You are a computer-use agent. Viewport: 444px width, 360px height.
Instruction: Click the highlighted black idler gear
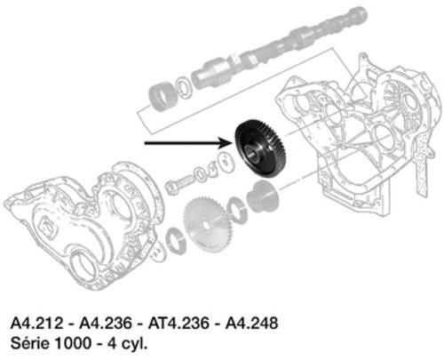tap(260, 148)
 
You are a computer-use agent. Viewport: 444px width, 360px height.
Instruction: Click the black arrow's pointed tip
tap(234, 143)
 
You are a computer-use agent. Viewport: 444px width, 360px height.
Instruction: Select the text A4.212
tap(37, 323)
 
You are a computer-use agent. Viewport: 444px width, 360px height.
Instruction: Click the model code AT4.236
tap(178, 323)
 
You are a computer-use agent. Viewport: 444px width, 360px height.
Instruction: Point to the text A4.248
tap(251, 323)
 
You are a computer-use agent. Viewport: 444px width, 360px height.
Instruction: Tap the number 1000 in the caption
tap(73, 344)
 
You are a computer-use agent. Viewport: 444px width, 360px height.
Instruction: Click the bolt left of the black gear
tap(180, 184)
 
